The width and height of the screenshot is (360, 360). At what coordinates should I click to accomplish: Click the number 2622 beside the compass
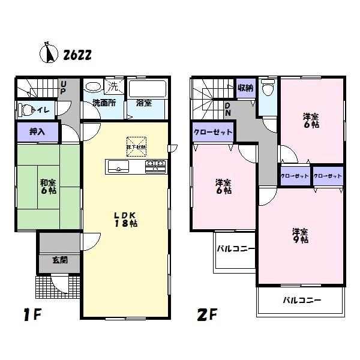77,55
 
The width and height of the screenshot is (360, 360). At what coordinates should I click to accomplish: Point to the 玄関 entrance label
59,260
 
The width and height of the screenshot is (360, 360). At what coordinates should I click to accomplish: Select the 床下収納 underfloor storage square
136,146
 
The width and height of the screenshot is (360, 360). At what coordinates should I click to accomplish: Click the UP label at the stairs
62,88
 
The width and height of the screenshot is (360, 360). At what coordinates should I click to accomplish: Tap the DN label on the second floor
228,109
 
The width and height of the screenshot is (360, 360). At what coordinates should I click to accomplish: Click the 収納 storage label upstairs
245,89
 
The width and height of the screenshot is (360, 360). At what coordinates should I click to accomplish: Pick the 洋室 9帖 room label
301,235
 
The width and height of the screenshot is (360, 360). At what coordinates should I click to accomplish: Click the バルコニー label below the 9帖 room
302,300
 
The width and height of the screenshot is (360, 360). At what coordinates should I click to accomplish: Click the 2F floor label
205,314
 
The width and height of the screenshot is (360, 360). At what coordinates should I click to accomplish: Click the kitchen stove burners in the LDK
155,166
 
